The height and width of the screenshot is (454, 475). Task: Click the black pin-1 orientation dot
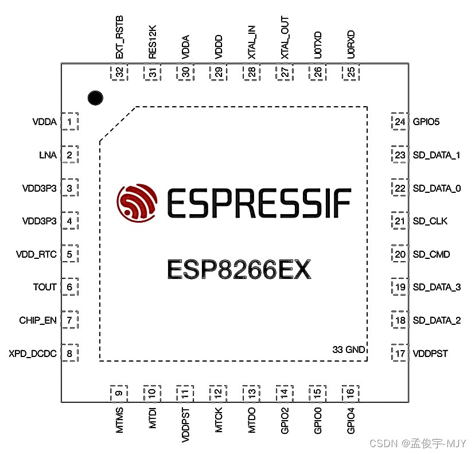pos(95,98)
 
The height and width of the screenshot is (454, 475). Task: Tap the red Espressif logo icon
pos(137,203)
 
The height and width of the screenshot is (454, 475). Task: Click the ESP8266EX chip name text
pos(239,269)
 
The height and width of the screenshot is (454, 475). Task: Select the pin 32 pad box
pos(119,72)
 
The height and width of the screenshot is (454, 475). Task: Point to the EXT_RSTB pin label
pos(120,39)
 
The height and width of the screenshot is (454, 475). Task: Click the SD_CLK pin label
pos(430,221)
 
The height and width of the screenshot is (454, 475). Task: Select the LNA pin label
pos(48,155)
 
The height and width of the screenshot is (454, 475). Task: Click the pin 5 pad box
pos(69,254)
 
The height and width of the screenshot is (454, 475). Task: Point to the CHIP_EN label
pos(38,320)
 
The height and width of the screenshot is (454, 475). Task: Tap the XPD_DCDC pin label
pos(33,354)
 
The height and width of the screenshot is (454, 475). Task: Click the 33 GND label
pos(349,350)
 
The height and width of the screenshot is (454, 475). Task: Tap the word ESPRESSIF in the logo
pos(258,203)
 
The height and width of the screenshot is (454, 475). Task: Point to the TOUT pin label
pos(45,287)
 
